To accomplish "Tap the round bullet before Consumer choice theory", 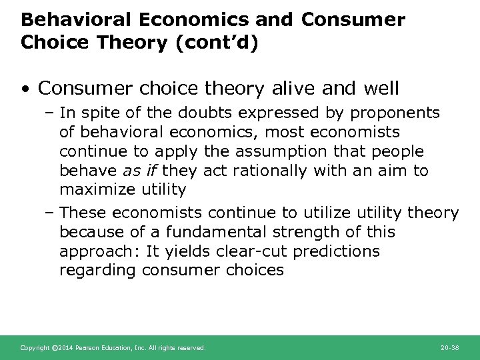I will click(x=26, y=87).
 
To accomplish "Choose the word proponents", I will click(x=397, y=114).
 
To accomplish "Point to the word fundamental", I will click(x=205, y=232).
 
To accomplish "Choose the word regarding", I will click(x=97, y=270).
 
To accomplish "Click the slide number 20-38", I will click(x=451, y=348).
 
